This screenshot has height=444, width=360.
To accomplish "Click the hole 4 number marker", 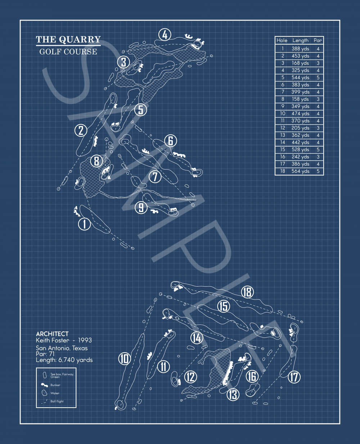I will click(165, 35).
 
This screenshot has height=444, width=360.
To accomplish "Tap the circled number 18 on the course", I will click(248, 292).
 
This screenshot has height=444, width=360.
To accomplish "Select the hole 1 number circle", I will click(85, 224).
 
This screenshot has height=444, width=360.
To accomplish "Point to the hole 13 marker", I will click(233, 394).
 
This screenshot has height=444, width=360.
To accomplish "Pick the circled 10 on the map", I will click(124, 359).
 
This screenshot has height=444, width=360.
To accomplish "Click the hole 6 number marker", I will click(171, 141).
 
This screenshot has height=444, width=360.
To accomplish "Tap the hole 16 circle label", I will click(252, 377).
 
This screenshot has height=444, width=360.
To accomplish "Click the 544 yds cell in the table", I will click(300, 77).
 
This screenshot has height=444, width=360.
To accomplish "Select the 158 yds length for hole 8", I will click(300, 99).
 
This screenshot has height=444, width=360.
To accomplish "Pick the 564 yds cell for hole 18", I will click(300, 171).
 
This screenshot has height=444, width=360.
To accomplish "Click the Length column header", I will click(300, 41).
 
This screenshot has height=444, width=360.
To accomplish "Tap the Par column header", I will click(318, 41).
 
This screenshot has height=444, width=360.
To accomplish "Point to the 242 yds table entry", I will click(300, 157).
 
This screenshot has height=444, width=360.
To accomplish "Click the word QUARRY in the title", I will click(80, 39).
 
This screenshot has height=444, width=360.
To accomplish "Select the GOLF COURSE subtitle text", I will click(68, 51).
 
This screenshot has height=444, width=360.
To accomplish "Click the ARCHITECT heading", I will click(52, 334).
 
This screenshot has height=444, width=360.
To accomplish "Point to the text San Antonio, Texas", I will click(62, 348).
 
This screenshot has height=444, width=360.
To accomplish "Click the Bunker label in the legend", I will click(55, 385).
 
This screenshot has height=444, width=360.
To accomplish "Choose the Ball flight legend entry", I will click(57, 401).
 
